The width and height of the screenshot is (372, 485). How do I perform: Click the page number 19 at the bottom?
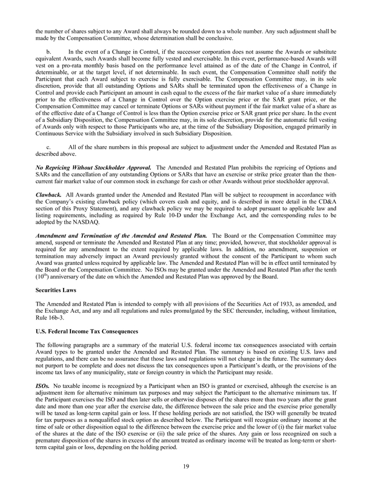186,467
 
